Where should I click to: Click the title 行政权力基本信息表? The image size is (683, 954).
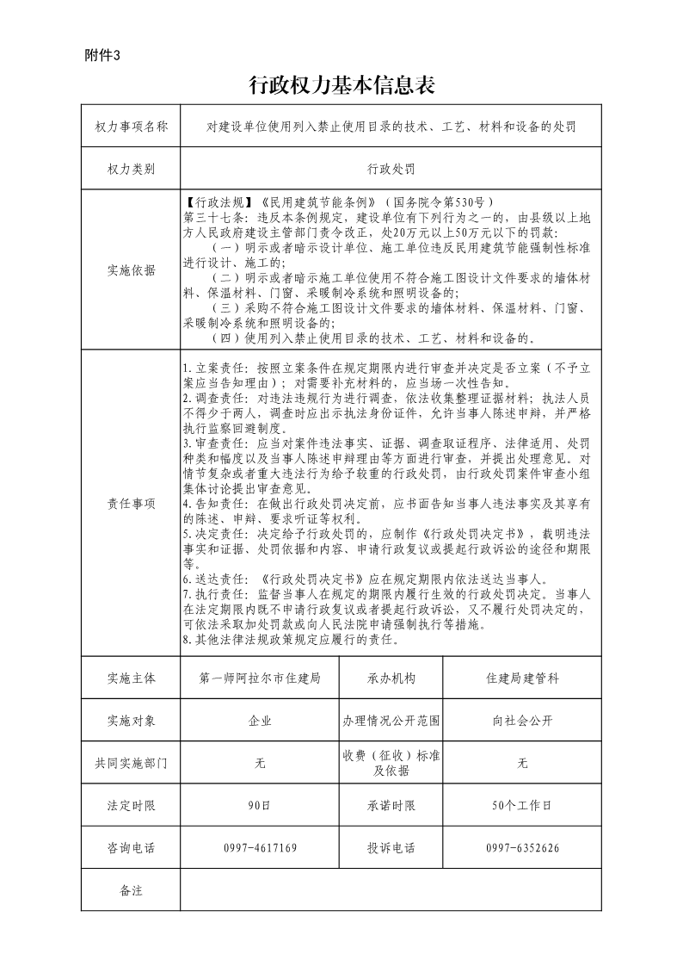coord(341,85)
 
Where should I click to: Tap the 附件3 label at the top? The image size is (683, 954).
coord(105,55)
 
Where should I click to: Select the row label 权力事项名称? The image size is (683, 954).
coord(132,127)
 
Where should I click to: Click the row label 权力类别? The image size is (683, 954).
coord(132,169)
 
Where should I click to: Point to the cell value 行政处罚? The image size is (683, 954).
coord(391,169)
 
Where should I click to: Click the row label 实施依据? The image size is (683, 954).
coord(132,270)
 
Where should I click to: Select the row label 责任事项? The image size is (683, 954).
coord(132,503)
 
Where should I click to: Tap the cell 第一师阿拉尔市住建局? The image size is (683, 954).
coord(260,678)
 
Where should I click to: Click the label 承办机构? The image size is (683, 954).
coord(391,678)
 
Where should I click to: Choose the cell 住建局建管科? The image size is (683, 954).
coord(522,678)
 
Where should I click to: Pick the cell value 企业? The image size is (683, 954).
coord(260,721)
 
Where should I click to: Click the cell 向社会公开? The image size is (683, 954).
coord(522,721)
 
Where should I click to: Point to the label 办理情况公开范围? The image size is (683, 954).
coord(391,721)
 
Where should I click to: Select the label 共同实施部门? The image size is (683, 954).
coord(132,763)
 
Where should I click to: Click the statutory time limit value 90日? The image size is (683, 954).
coord(260,805)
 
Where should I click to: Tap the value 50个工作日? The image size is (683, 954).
coord(522,805)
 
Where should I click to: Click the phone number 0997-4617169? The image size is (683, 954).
coord(260,848)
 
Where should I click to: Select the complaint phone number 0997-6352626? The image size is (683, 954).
coord(522,848)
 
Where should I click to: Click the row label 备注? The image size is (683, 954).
coord(132,890)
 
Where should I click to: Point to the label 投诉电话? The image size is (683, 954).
coord(391,848)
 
